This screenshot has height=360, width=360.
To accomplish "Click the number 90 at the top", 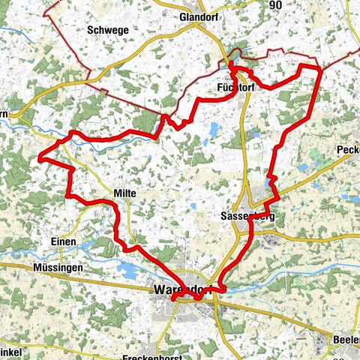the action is pyautogui.click(x=277, y=5).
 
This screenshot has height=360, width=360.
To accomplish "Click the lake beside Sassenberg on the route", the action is pyautogui.click(x=270, y=182).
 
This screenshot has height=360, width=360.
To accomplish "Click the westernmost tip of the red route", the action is pyautogui.click(x=40, y=158).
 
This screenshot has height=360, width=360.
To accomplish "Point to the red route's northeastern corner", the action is pyautogui.click(x=320, y=68).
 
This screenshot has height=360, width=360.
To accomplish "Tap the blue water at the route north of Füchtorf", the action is pyautogui.click(x=235, y=53).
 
